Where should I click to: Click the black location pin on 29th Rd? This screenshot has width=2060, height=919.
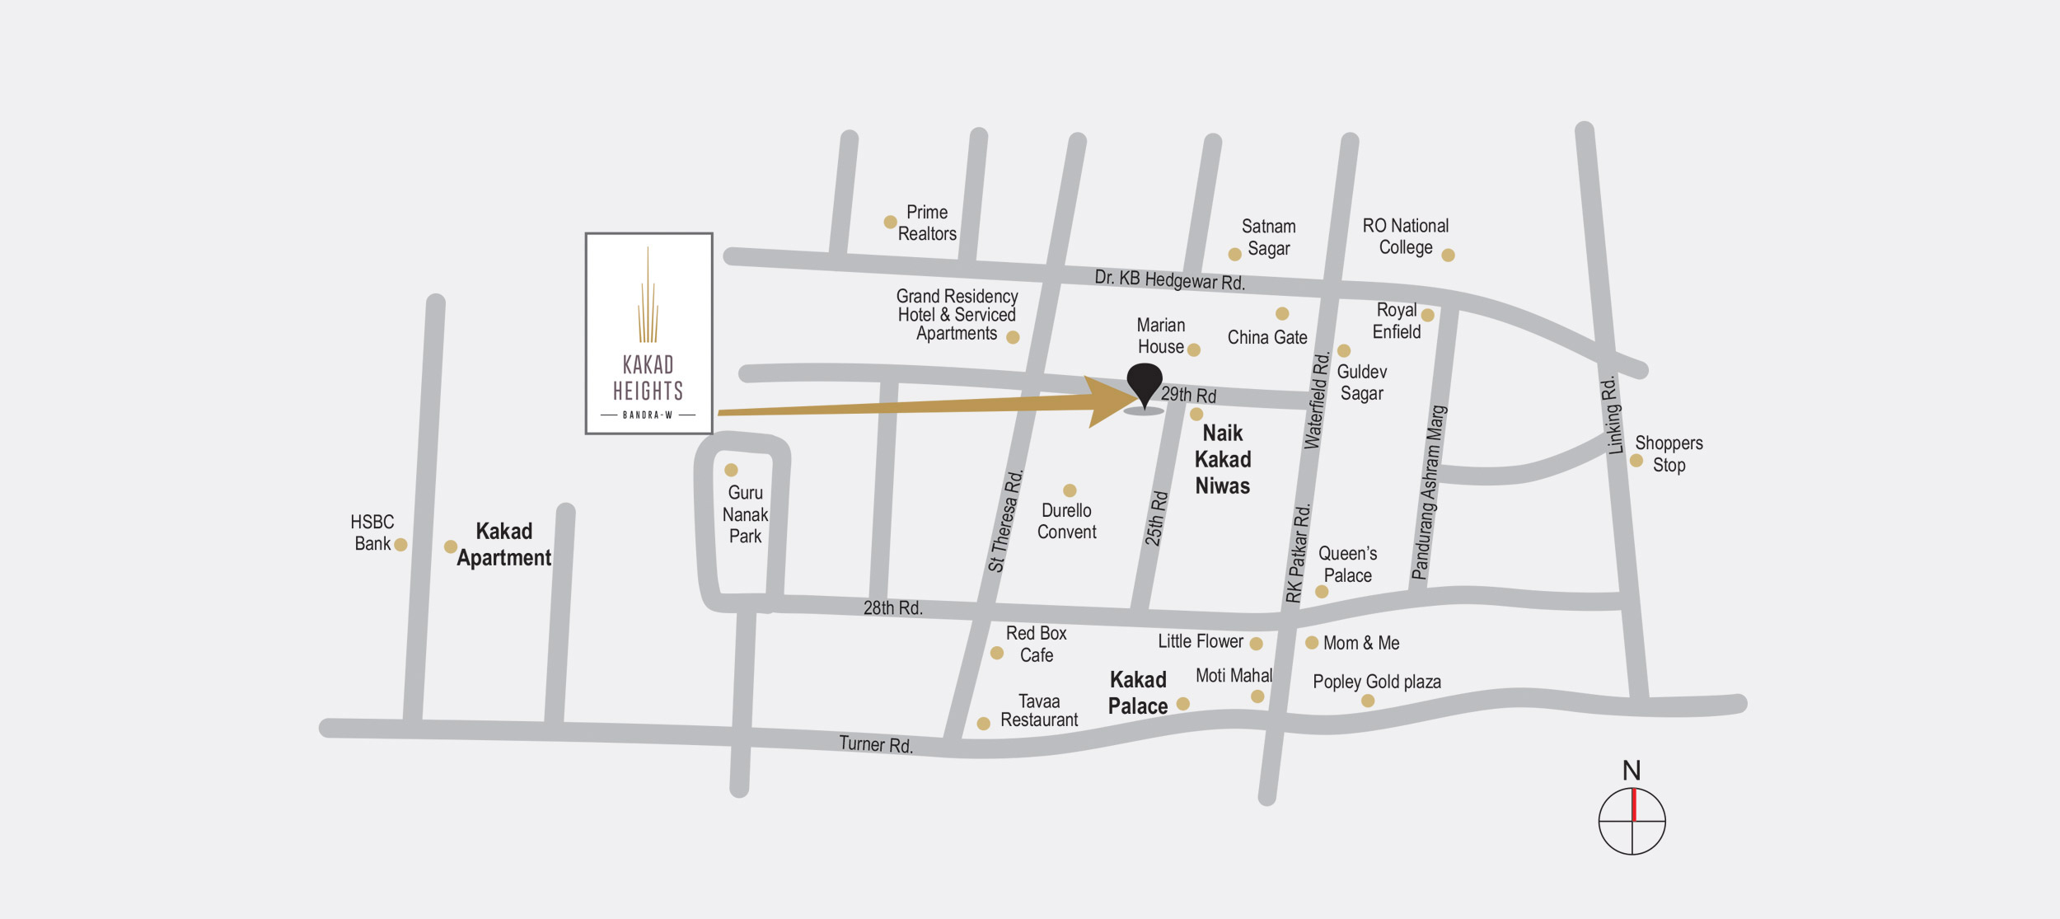pyautogui.click(x=1144, y=383)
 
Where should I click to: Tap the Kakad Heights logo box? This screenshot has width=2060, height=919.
pyautogui.click(x=648, y=333)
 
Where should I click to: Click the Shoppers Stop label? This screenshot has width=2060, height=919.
pyautogui.click(x=1669, y=454)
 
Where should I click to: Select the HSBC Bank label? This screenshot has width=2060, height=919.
pyautogui.click(x=372, y=532)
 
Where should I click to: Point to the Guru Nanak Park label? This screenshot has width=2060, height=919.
pyautogui.click(x=745, y=514)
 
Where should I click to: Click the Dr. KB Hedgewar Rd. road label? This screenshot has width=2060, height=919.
pyautogui.click(x=1169, y=280)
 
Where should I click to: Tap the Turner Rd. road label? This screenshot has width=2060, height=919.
pyautogui.click(x=876, y=744)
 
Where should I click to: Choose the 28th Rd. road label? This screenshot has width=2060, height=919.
pyautogui.click(x=892, y=608)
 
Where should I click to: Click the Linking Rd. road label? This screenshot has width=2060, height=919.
pyautogui.click(x=1613, y=415)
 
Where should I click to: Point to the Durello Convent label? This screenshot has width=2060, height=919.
pyautogui.click(x=1066, y=522)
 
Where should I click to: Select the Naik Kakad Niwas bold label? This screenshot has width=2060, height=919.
pyautogui.click(x=1223, y=460)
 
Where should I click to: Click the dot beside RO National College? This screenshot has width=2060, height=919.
pyautogui.click(x=1448, y=256)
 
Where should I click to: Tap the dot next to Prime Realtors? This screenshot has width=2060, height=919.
pyautogui.click(x=890, y=222)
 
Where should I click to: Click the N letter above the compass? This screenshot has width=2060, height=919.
pyautogui.click(x=1632, y=771)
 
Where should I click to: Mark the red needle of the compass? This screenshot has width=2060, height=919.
pyautogui.click(x=1634, y=804)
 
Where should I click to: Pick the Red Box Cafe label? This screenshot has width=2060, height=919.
pyautogui.click(x=1036, y=645)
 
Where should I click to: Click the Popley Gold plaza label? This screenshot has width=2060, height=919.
pyautogui.click(x=1376, y=682)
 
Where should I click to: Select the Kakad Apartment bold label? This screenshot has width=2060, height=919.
pyautogui.click(x=503, y=545)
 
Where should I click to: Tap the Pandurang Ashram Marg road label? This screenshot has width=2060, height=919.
pyautogui.click(x=1429, y=492)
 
